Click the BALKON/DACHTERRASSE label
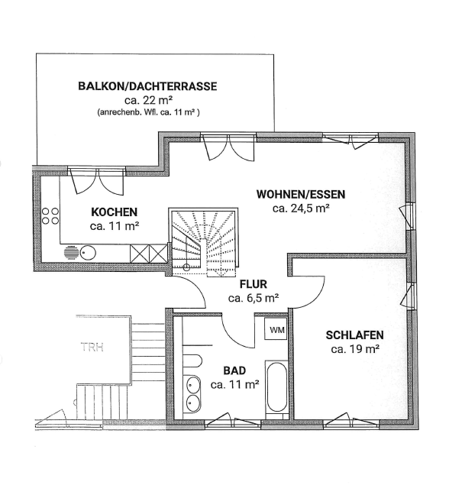click(x=147, y=86)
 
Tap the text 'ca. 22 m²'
click(x=147, y=100)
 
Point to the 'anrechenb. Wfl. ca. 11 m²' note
click(x=148, y=112)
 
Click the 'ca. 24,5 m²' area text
click(x=301, y=207)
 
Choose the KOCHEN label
click(x=113, y=212)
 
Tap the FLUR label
click(x=253, y=283)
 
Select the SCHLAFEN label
click(x=354, y=335)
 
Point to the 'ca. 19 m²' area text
click(x=355, y=349)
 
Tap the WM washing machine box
click(x=276, y=330)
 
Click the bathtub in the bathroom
click(x=276, y=387)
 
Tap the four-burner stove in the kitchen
click(x=50, y=216)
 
